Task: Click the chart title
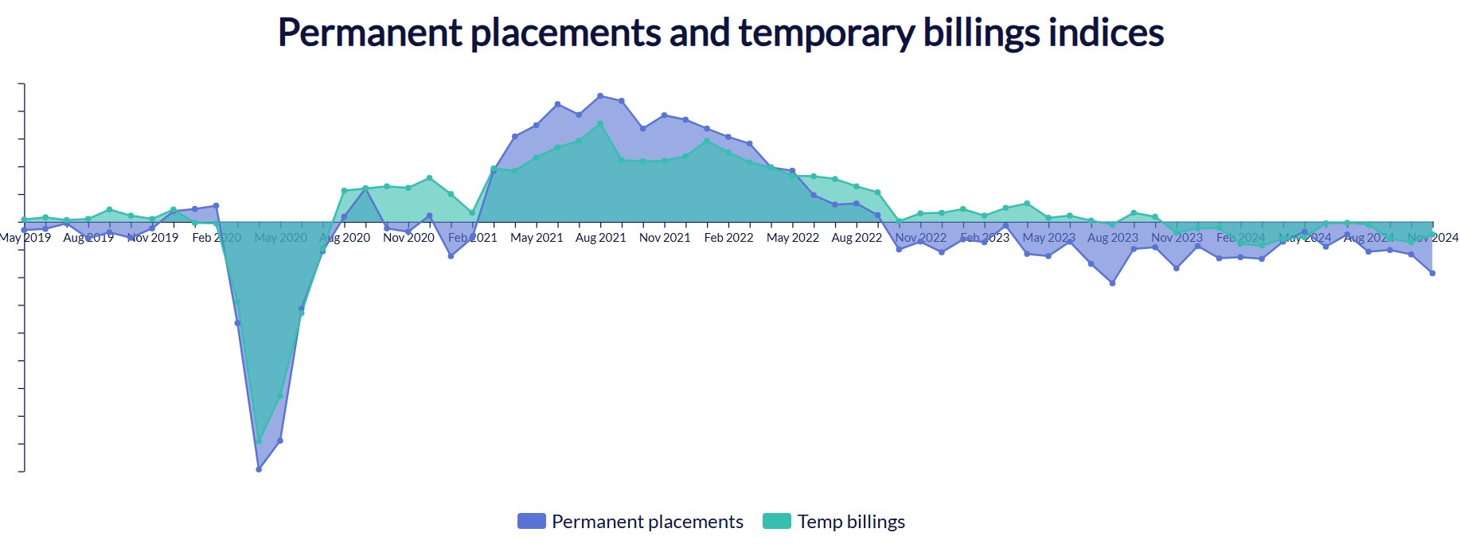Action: (720, 33)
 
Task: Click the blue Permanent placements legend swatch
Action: (531, 522)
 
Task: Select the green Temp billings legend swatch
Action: (776, 522)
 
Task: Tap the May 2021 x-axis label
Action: (537, 238)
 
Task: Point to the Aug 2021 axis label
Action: (600, 238)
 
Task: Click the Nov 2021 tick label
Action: (665, 238)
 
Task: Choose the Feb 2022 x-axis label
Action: (728, 238)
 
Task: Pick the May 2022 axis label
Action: (793, 238)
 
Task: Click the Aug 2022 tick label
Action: (857, 238)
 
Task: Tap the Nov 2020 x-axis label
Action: (408, 238)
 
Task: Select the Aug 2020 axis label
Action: (345, 238)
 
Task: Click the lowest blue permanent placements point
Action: (259, 469)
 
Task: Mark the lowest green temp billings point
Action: (259, 441)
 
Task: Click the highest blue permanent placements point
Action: (600, 96)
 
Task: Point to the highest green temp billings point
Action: (600, 124)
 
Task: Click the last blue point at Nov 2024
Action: (1433, 274)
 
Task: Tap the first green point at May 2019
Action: (25, 220)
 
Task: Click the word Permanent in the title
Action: (369, 33)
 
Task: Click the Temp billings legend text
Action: (851, 522)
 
